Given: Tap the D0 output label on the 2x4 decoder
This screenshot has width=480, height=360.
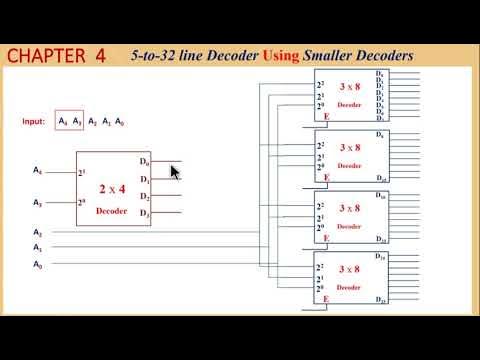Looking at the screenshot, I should click(x=145, y=162).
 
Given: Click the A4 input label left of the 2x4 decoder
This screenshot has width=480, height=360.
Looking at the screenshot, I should click(x=38, y=171).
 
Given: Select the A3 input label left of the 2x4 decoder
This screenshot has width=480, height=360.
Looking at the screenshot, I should click(x=38, y=202).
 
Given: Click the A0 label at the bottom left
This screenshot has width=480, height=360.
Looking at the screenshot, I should click(x=38, y=265).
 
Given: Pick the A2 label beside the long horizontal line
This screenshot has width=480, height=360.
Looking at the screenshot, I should click(x=38, y=232).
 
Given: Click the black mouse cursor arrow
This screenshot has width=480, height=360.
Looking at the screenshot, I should click(x=175, y=172).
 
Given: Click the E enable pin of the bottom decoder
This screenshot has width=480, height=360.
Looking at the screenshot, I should click(x=327, y=298).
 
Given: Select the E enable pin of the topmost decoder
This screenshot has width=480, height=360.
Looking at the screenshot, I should click(x=327, y=117).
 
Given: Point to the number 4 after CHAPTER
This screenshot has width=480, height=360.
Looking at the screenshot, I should click(x=101, y=55).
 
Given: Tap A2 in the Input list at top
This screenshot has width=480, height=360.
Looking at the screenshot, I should click(x=92, y=121).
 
